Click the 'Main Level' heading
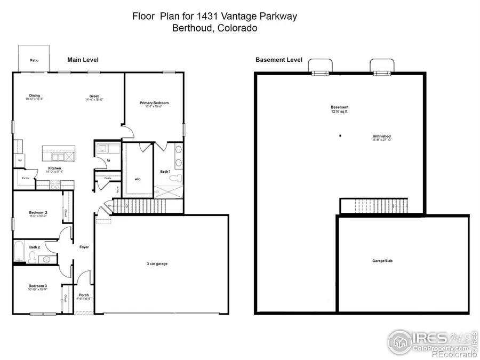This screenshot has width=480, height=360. click(x=83, y=60)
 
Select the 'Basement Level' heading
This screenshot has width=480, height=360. click(x=279, y=60)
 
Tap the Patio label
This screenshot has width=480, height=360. click(x=34, y=60)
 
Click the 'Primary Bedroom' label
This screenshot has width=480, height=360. click(x=154, y=102)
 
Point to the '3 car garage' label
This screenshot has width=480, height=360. click(x=157, y=263)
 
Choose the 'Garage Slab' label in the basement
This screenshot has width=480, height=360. click(x=382, y=261)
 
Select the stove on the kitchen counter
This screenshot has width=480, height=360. click(x=54, y=185)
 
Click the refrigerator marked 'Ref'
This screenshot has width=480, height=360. click(x=20, y=160)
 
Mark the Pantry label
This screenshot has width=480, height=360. click(x=25, y=178)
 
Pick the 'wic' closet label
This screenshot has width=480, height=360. click(x=137, y=179)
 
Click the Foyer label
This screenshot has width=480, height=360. click(x=84, y=247)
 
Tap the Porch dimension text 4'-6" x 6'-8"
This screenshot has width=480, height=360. click(x=84, y=299)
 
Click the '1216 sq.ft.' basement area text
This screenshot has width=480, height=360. click(x=339, y=111)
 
